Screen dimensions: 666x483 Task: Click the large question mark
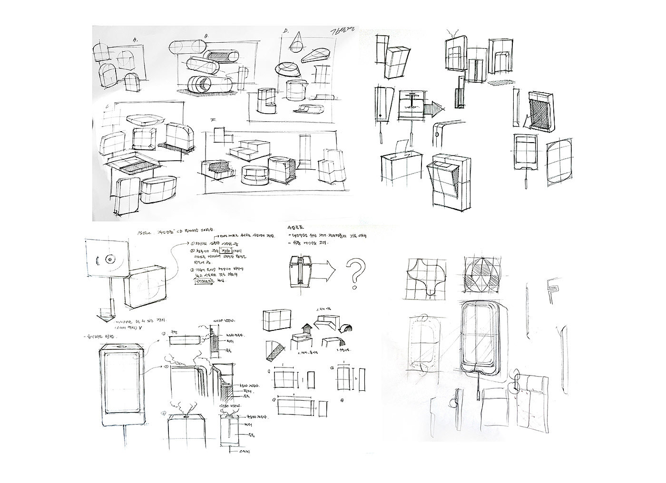(x=354, y=272)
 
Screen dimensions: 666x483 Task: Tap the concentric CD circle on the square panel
(x=109, y=260)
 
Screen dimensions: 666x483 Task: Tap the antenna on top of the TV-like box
(x=455, y=34)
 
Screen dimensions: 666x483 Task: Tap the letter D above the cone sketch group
(x=285, y=32)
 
